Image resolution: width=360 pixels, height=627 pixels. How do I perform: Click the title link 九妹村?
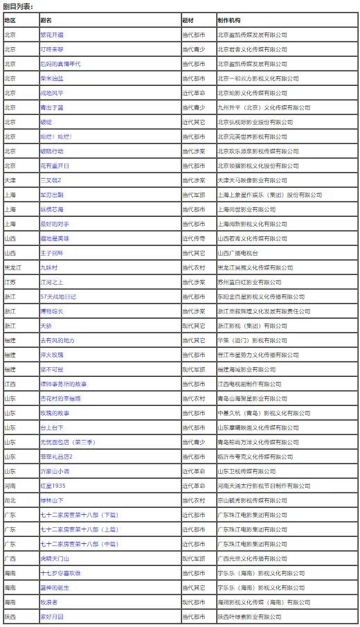tap(49, 268)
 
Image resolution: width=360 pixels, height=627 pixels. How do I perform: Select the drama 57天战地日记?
tap(58, 297)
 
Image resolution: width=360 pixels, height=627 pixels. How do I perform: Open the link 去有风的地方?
tap(56, 340)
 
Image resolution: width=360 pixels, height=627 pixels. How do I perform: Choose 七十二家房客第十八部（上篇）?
tap(78, 529)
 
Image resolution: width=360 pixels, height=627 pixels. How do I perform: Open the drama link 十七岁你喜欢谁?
tap(60, 573)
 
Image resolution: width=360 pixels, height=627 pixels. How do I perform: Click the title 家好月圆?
tap(53, 617)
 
